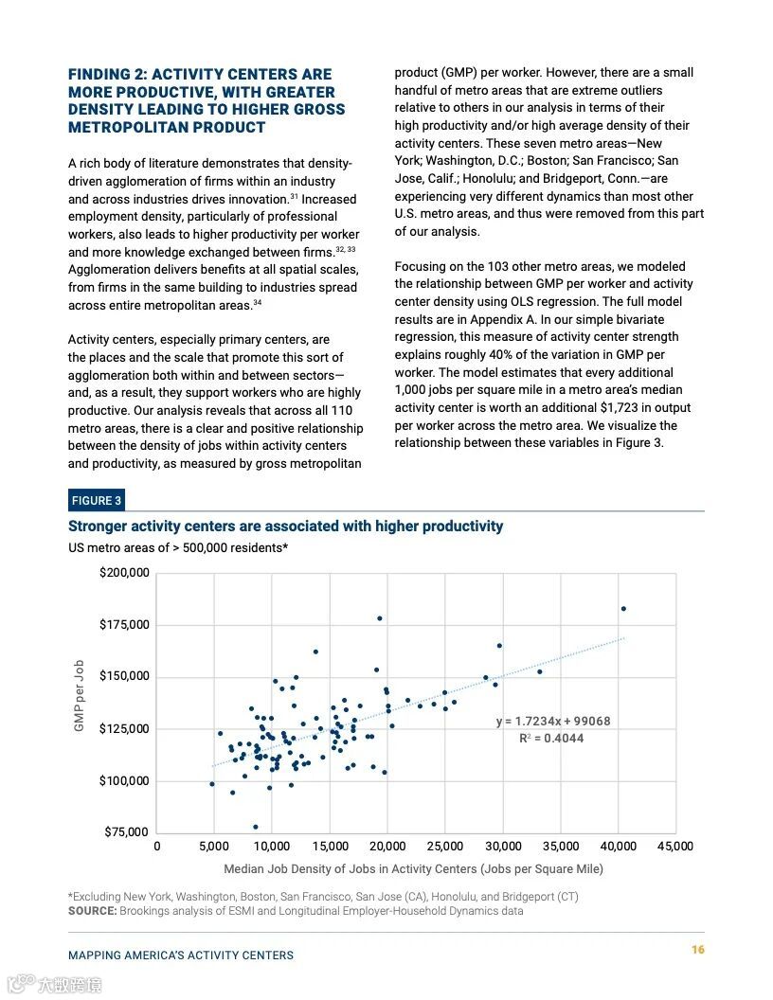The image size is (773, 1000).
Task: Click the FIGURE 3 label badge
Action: tap(96, 501)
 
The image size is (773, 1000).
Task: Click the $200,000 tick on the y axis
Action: tap(124, 573)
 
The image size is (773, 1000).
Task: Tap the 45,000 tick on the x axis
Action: tap(674, 847)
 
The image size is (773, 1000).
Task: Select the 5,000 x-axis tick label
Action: tap(214, 847)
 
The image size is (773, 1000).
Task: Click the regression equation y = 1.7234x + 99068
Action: tap(553, 722)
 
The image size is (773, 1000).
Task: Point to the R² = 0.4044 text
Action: tap(551, 739)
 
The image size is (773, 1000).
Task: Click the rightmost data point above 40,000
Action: tap(623, 609)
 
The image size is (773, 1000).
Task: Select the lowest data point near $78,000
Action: tap(255, 827)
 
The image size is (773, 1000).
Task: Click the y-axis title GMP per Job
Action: tap(80, 695)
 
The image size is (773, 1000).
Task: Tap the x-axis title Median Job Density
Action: tap(413, 869)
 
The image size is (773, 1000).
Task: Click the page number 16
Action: tap(697, 950)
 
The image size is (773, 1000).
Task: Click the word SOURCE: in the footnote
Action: tap(92, 911)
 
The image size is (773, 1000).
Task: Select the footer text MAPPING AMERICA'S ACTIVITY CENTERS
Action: tap(181, 955)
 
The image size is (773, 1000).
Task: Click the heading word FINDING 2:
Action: tap(107, 75)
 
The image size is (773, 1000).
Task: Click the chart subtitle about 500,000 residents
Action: tap(178, 547)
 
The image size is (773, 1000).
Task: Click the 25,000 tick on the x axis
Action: tap(444, 847)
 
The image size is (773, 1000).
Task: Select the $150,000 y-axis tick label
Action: tap(124, 676)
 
